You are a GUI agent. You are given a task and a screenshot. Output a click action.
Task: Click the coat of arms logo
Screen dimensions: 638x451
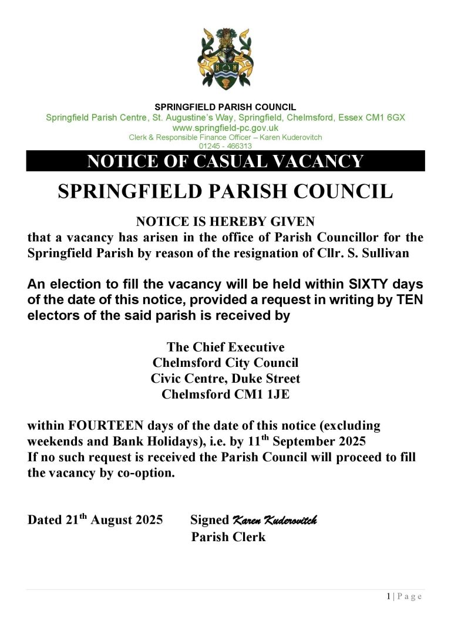pos(225,59)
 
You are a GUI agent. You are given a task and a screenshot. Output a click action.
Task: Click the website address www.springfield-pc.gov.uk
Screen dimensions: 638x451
pos(225,127)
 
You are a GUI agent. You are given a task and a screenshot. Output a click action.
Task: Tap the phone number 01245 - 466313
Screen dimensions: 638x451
pos(225,146)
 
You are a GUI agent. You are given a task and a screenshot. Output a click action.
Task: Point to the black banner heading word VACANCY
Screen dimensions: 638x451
pos(315,161)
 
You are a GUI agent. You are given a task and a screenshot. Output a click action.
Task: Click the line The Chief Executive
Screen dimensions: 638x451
pos(225,347)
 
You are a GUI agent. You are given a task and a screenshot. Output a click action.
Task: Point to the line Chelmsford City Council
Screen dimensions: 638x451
pos(225,363)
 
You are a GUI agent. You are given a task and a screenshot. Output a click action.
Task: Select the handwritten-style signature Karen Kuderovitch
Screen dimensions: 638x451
pos(275,520)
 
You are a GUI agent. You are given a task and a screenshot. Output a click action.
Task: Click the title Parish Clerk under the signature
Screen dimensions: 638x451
pos(228,536)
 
